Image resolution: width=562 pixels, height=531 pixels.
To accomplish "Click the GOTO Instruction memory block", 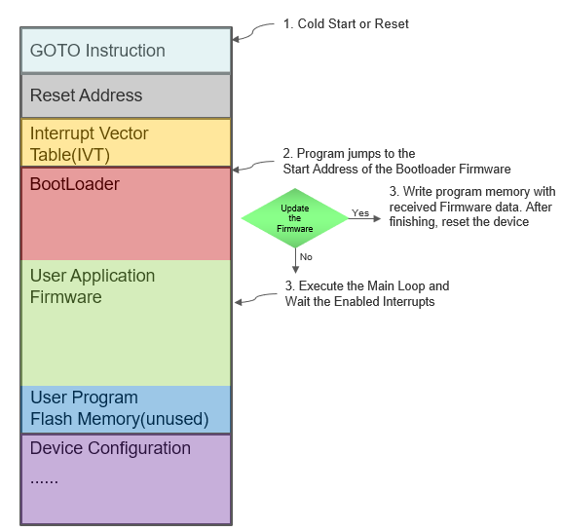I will coord(126,51).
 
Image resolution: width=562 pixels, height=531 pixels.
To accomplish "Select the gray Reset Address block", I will coord(126,95).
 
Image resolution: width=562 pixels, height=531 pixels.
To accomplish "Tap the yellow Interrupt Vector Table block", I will coord(126,142).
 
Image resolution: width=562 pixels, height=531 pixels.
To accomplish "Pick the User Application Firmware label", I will coord(92,286).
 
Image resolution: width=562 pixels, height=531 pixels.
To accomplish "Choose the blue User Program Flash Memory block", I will coord(126,409).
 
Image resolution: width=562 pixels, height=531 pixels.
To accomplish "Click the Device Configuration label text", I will coord(110,448).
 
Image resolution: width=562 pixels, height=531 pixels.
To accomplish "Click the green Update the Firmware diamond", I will coord(294,217).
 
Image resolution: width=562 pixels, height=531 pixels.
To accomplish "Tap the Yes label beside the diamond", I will coord(360,211).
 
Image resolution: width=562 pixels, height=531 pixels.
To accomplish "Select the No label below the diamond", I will coord(306,256).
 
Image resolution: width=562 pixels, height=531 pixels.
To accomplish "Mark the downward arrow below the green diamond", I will coord(294,259).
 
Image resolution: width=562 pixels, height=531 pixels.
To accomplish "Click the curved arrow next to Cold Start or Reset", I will coord(253,32).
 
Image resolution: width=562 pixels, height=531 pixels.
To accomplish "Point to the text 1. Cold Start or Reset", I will coord(346,23).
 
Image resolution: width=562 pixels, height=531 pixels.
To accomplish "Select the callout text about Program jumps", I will coord(396,161).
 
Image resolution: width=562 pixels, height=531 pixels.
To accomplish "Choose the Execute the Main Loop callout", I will coord(367,294).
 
